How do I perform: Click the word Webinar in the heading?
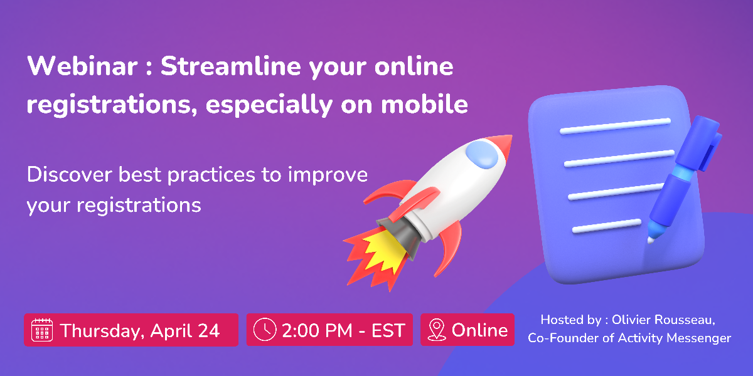coord(82,66)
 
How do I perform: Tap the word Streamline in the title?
coord(231,66)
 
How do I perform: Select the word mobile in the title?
coord(424,104)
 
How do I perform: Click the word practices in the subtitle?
coord(211,175)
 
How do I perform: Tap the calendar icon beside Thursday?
coord(41,330)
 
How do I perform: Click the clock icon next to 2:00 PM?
coord(265,330)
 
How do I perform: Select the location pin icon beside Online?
coord(437,330)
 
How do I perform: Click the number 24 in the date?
coord(209,331)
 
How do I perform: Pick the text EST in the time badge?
coord(388,331)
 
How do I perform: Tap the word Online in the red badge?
coord(479,330)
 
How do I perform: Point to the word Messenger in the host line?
coord(698,338)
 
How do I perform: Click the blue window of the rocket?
coord(482,154)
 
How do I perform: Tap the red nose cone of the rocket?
coord(500,145)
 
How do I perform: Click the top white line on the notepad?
coord(615,126)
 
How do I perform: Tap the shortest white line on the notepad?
coord(607,226)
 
